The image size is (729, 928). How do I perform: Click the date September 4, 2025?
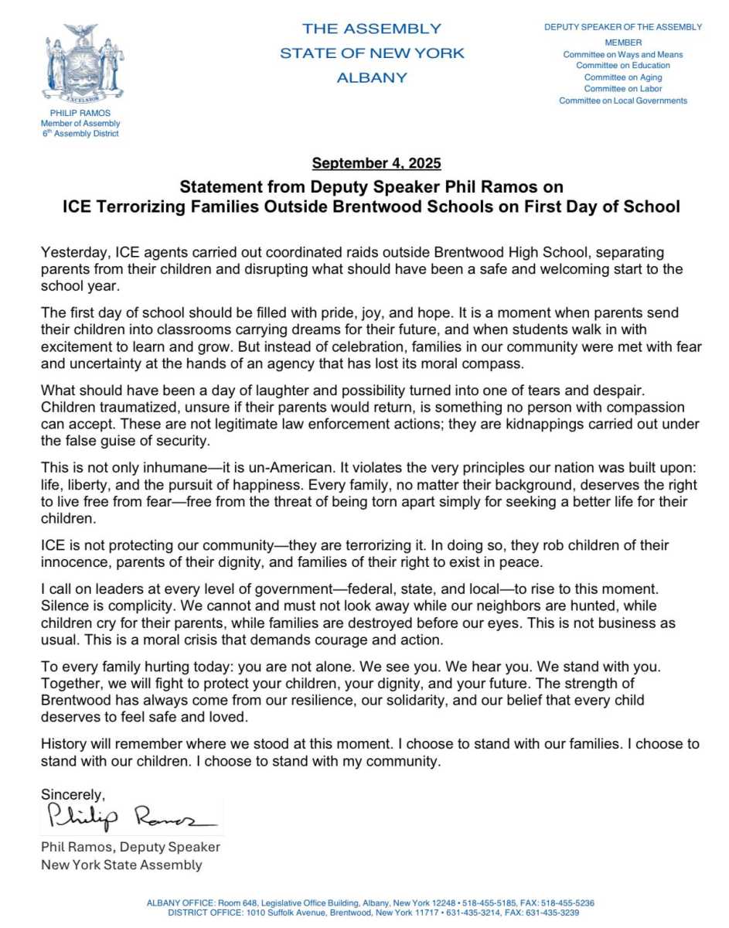point(376,163)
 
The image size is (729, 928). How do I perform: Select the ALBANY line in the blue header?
point(371,77)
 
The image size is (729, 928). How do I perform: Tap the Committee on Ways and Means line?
point(622,55)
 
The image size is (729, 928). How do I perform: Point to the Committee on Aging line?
point(622,77)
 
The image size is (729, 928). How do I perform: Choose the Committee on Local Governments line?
point(622,101)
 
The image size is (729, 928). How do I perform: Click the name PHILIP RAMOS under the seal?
point(81,113)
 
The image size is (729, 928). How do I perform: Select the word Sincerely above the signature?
point(72,794)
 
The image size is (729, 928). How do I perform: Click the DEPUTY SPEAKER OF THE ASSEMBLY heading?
point(622,27)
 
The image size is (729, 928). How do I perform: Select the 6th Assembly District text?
point(81,134)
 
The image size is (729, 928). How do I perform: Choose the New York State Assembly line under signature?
point(121,865)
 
